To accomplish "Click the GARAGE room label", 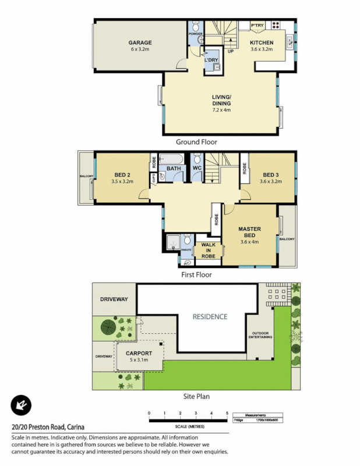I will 140,43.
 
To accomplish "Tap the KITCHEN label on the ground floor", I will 262,43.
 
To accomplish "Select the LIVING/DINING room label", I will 221,100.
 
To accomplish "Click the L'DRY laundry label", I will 211,59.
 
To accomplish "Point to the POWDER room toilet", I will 196,26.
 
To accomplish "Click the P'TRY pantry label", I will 257,26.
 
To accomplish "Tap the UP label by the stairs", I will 231,51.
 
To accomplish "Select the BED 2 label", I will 122,175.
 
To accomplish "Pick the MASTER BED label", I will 249,232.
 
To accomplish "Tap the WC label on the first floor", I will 197,169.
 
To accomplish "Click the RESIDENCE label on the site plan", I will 210,317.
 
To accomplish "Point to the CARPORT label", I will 139,353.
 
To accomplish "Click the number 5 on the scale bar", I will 227,412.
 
